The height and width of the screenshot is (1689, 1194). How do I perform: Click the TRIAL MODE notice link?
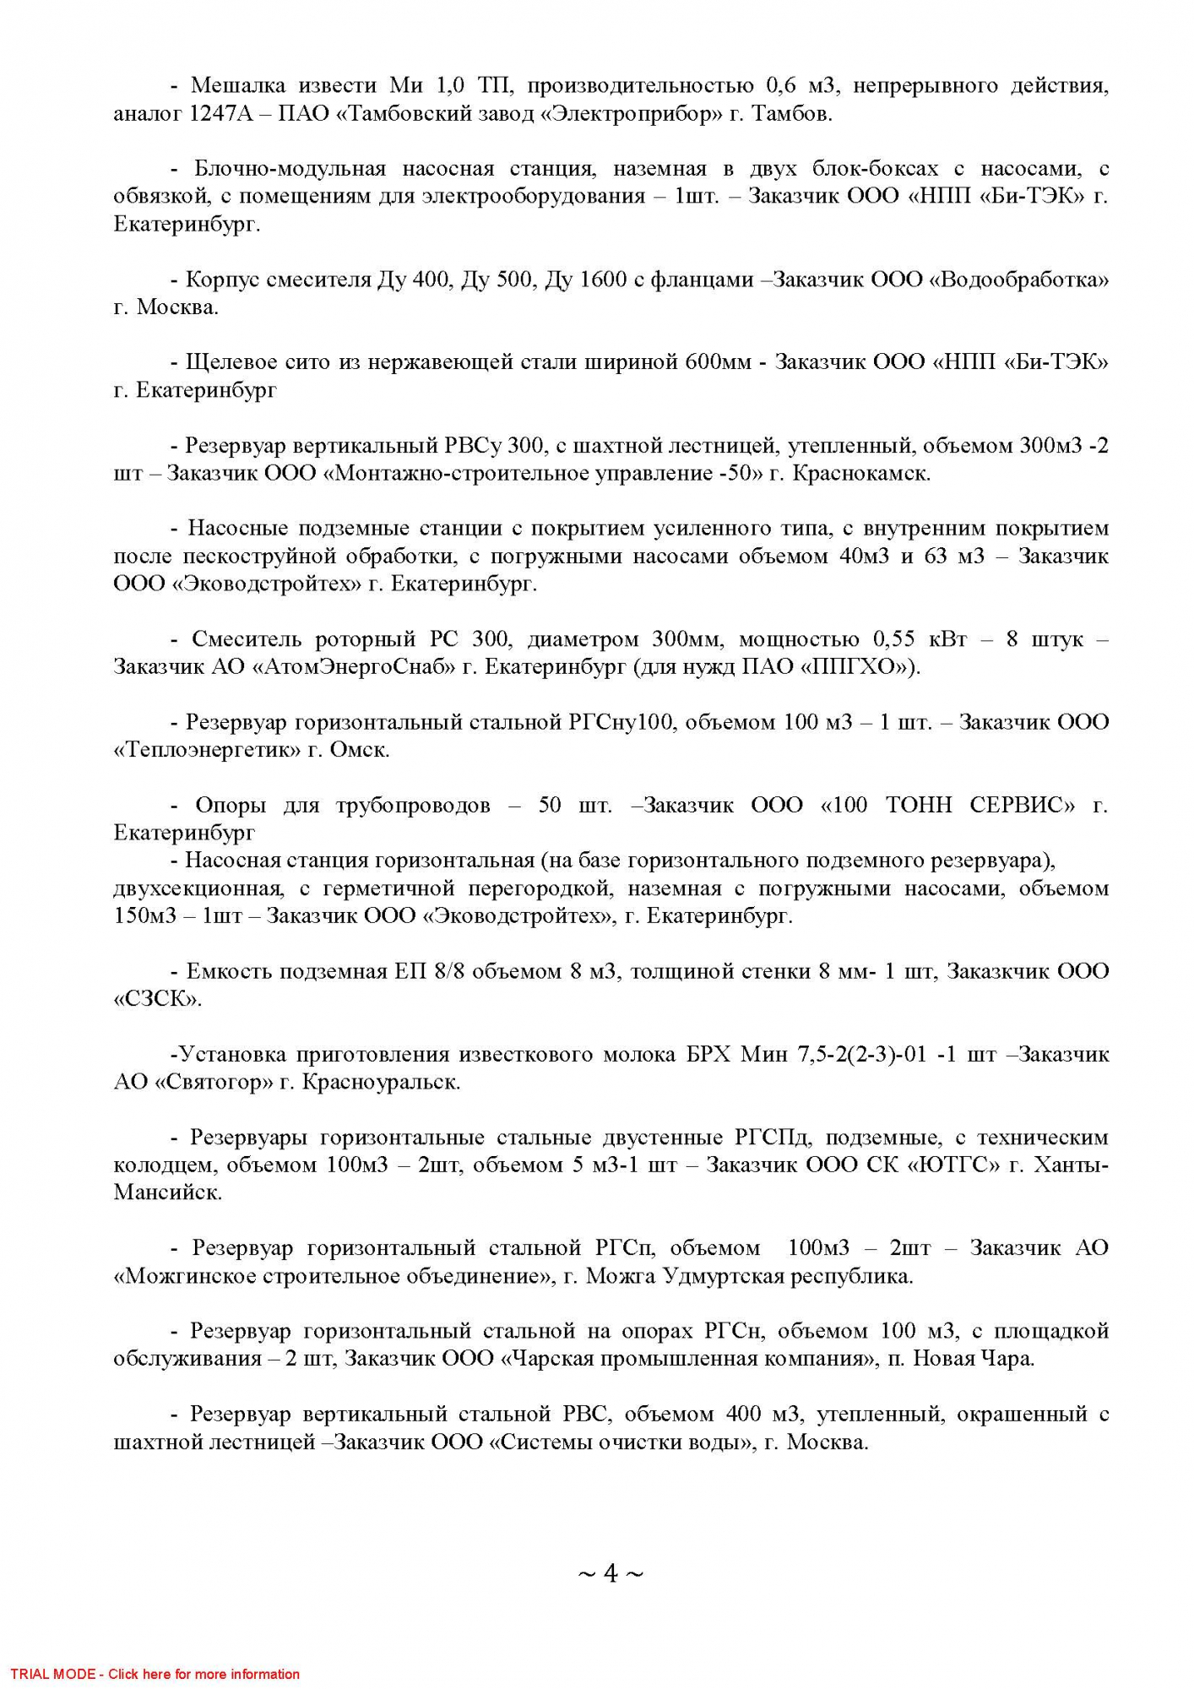pyautogui.click(x=155, y=1674)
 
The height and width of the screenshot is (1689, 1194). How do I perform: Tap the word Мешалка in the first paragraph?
pyautogui.click(x=238, y=85)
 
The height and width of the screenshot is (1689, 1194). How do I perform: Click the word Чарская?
pyautogui.click(x=545, y=1359)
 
